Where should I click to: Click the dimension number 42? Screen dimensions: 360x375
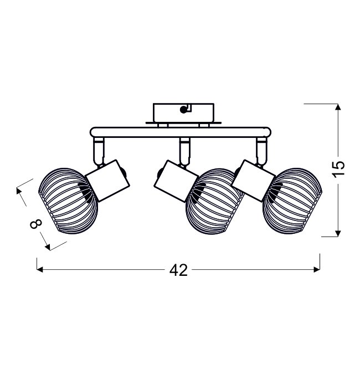click(178, 270)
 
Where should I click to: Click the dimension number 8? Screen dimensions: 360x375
click(36, 224)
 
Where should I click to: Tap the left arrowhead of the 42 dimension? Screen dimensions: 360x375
click(40, 270)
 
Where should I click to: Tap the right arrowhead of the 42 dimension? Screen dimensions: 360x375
click(317, 270)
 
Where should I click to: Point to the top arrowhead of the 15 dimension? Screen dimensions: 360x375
click(338, 107)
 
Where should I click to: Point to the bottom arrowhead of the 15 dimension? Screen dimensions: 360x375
click(338, 234)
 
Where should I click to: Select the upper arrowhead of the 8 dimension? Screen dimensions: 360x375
click(18, 191)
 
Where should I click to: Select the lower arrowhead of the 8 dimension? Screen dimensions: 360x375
click(48, 248)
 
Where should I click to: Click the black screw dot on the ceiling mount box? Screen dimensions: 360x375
click(183, 110)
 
